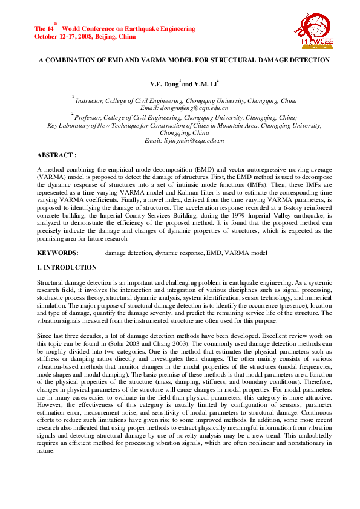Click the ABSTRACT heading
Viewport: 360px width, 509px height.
pyautogui.click(x=57, y=155)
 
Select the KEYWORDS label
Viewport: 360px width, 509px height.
pyautogui.click(x=57, y=252)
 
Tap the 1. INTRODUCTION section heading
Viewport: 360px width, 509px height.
pyautogui.click(x=67, y=267)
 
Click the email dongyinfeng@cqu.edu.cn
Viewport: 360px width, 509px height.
pyautogui.click(x=184, y=107)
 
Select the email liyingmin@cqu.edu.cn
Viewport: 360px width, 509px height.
pyautogui.click(x=184, y=140)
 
